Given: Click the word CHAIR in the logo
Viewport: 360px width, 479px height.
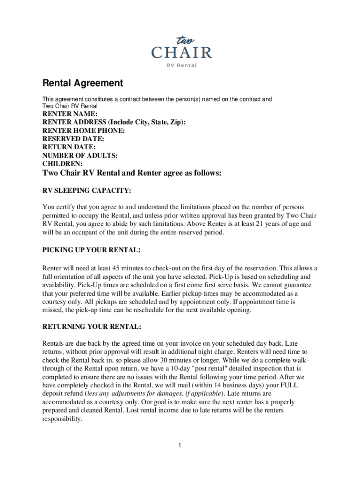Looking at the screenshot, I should click(x=181, y=52).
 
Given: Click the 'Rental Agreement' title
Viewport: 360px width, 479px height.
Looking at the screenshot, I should click(x=83, y=83).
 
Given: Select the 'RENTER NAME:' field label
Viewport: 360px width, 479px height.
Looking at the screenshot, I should click(x=70, y=114).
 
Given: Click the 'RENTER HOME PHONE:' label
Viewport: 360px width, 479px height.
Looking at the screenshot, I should click(x=84, y=131).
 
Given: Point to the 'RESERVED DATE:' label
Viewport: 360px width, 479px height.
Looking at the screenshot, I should click(x=73, y=139).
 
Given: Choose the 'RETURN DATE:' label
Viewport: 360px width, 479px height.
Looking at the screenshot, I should click(x=69, y=147).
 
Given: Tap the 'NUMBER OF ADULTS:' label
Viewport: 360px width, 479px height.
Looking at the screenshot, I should click(x=80, y=156).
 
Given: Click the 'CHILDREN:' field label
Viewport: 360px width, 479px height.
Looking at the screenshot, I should click(x=63, y=164).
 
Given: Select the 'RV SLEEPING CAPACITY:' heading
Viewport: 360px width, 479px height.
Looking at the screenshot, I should click(x=86, y=191).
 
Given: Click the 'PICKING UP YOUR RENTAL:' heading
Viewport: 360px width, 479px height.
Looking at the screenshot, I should click(x=92, y=250).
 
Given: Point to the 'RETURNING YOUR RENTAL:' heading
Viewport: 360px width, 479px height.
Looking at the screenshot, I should click(x=92, y=326).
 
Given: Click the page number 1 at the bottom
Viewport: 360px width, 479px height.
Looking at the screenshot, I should click(x=180, y=445).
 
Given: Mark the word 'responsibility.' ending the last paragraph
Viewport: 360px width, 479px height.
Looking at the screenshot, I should click(x=62, y=420).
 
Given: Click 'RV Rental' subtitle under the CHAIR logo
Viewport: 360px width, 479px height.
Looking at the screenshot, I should click(x=181, y=65).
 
